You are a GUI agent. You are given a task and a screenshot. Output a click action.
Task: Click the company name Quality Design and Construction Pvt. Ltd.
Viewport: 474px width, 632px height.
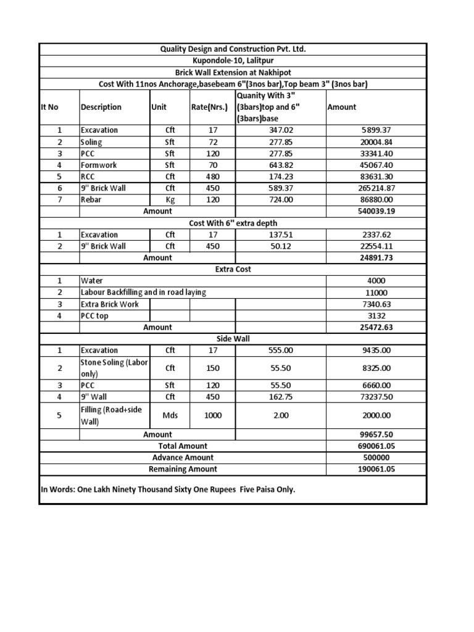[x=233, y=49]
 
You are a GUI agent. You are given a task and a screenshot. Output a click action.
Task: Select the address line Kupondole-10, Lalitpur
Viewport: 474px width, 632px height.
[x=233, y=60]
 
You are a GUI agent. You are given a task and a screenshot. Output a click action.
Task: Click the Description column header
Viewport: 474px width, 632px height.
[x=101, y=107]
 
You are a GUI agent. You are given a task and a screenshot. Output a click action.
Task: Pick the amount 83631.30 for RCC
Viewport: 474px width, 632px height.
[x=376, y=177]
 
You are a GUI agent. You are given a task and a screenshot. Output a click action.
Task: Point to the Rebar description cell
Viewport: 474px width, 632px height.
[x=91, y=199]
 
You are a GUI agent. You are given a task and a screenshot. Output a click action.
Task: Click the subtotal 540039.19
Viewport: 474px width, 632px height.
[x=376, y=211]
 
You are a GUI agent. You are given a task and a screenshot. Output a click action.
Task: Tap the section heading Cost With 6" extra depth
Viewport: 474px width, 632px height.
[x=233, y=223]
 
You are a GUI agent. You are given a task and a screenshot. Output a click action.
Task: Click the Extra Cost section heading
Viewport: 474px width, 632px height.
[x=233, y=269]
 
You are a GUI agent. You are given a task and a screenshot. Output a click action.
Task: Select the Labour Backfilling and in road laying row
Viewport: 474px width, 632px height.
[x=143, y=293]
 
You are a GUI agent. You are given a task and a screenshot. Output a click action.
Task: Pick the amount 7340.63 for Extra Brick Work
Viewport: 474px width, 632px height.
[x=376, y=304]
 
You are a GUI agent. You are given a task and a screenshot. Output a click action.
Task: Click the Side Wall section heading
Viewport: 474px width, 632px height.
[x=233, y=339]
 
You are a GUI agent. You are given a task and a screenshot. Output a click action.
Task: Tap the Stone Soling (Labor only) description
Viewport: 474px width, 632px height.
[x=114, y=368]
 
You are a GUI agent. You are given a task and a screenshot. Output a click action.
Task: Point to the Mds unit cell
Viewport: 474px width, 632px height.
[x=170, y=415]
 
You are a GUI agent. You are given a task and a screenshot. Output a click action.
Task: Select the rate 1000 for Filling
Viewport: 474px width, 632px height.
[x=212, y=415]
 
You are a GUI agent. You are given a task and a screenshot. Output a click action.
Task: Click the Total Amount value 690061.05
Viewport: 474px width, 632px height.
[x=376, y=446]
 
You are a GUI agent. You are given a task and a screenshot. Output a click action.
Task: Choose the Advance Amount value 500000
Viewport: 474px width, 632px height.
[x=376, y=457]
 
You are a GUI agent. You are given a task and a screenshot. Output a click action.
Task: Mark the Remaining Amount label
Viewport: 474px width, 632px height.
[x=183, y=469]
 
